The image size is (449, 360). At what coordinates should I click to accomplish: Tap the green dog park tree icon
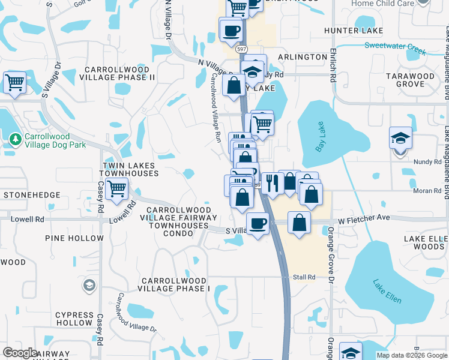(15, 140)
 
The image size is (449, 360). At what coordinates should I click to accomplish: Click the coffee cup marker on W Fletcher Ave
(258, 224)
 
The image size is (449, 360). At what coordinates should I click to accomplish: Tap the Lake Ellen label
(387, 290)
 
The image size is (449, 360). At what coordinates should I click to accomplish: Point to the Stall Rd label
(304, 277)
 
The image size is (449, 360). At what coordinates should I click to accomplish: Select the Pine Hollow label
(74, 238)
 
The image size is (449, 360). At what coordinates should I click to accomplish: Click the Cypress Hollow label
(73, 319)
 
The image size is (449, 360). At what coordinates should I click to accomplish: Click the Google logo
(20, 353)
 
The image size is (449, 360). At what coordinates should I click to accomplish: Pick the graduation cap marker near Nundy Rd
(400, 138)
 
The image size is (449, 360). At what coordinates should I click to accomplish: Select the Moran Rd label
(427, 191)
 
